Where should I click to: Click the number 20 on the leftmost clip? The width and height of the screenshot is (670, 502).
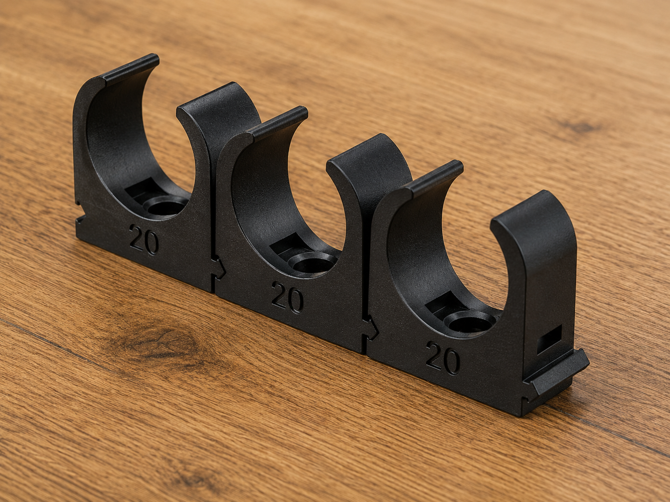point(144,239)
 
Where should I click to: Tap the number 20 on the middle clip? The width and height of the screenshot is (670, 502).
point(287,298)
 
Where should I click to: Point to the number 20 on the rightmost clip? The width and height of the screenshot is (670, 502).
point(443,358)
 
